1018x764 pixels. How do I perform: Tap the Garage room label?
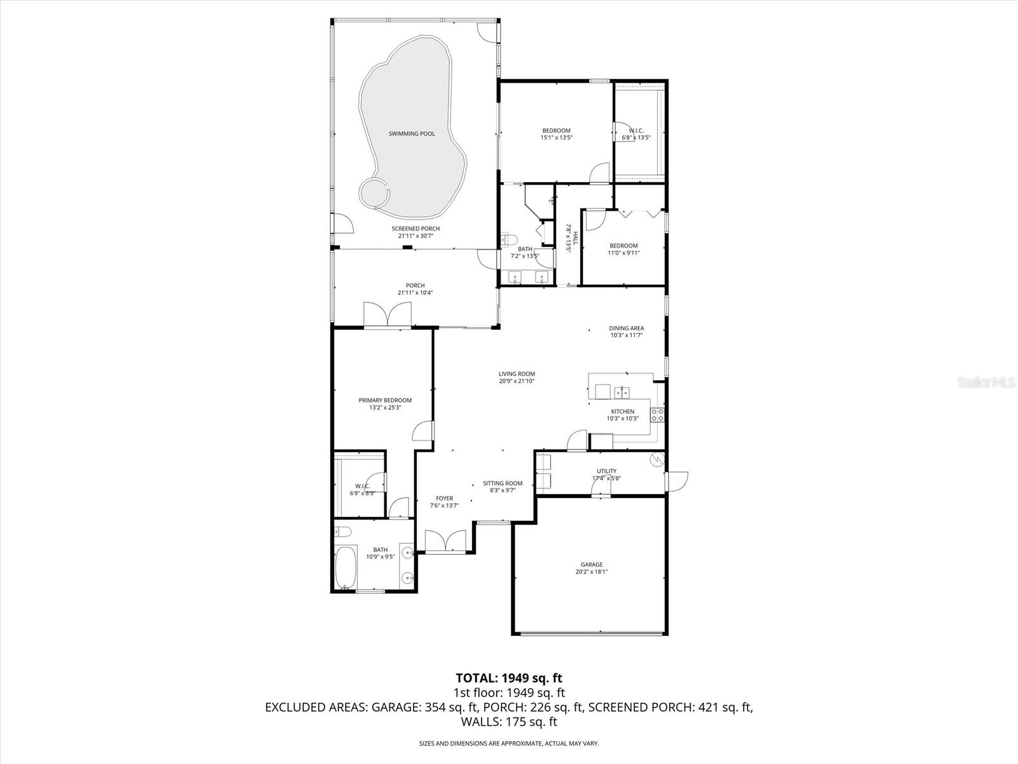pos(591,565)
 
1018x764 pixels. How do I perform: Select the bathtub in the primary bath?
pos(345,567)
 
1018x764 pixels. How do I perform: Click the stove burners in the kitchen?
pos(657,415)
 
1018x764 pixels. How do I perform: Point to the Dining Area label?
pos(626,329)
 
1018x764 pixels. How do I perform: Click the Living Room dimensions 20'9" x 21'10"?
pos(517,381)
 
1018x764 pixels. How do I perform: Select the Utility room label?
pos(606,471)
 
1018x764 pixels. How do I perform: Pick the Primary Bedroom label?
pos(385,400)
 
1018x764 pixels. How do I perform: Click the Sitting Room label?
pos(502,483)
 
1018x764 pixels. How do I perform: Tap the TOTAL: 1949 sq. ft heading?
pos(509,677)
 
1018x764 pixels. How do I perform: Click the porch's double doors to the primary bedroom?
pos(387,315)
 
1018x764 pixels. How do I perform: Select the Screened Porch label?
pos(415,229)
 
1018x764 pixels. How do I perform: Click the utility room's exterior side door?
pos(676,481)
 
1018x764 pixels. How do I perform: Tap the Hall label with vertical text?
pos(572,238)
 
